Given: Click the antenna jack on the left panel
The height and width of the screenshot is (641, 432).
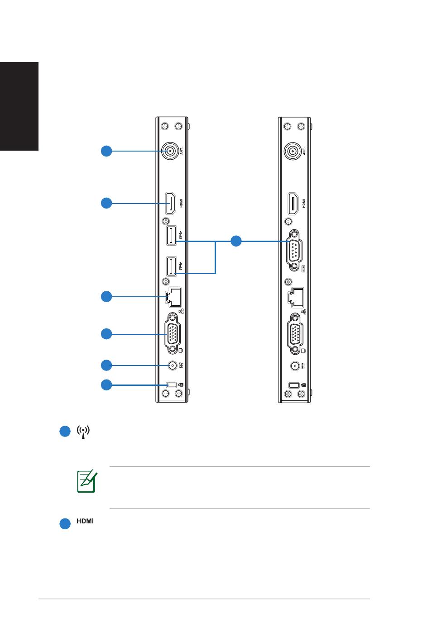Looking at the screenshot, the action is (170, 151).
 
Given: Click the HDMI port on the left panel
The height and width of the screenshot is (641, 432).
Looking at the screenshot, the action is (171, 203).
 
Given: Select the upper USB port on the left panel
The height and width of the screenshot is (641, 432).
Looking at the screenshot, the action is (171, 235).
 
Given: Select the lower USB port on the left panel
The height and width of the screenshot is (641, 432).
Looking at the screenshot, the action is (171, 266).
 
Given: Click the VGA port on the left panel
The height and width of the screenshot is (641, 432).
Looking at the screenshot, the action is (173, 333).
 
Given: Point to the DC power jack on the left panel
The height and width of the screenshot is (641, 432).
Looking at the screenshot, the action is (172, 366).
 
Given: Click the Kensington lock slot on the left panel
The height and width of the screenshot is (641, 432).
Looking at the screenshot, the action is (171, 385).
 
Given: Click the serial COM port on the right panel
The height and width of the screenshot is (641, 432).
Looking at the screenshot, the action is (294, 250).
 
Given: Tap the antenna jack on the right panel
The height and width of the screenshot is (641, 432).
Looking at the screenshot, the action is (293, 151).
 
